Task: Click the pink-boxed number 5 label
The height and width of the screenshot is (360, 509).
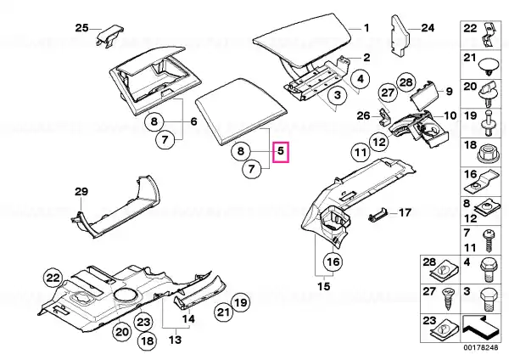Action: tap(281, 151)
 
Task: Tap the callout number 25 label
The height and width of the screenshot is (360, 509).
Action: tap(81, 28)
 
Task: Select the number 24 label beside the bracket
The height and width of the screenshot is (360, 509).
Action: tap(428, 28)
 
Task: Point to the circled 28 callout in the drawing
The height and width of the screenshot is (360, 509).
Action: tap(406, 82)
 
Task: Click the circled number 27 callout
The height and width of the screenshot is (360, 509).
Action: tap(388, 93)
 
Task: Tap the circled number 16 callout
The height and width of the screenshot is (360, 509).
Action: tap(333, 262)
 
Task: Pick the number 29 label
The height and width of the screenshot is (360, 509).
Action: tap(81, 192)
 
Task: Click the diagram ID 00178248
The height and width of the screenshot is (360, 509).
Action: tap(480, 347)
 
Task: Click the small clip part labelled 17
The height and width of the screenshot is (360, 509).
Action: tap(378, 215)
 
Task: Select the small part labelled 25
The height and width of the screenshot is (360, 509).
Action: tap(109, 35)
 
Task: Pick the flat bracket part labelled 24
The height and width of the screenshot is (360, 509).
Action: tap(399, 35)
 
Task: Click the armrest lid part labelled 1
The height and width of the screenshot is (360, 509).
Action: tap(304, 42)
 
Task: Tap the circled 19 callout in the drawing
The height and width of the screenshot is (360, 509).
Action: tap(241, 303)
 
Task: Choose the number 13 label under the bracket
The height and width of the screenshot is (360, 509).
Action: tap(175, 340)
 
